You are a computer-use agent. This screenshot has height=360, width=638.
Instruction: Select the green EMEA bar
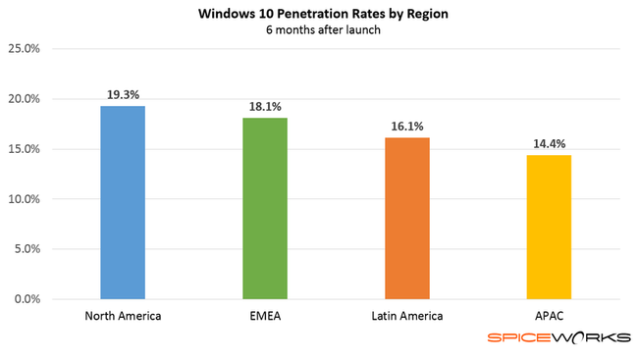point(265,208)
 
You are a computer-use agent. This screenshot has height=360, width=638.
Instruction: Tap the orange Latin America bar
point(407,218)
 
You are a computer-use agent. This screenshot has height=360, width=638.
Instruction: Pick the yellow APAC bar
point(549,227)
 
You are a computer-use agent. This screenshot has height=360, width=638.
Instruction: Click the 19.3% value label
point(123,94)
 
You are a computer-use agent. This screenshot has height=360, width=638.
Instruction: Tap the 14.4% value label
point(549,143)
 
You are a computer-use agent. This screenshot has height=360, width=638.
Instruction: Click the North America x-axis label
point(123,316)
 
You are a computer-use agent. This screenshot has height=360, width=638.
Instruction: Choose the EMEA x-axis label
point(265,316)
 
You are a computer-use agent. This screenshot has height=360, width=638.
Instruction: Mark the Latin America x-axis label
point(407,316)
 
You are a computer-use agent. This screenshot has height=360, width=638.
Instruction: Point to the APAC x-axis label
point(549,316)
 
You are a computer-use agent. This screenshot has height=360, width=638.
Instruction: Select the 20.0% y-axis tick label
point(24,99)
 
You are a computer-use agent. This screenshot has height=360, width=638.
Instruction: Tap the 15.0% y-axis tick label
point(24,149)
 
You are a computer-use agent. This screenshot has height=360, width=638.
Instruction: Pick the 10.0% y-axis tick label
point(24,199)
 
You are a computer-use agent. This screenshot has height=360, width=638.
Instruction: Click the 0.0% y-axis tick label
point(27,298)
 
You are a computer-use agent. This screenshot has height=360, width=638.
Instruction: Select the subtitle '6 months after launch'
point(319,30)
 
